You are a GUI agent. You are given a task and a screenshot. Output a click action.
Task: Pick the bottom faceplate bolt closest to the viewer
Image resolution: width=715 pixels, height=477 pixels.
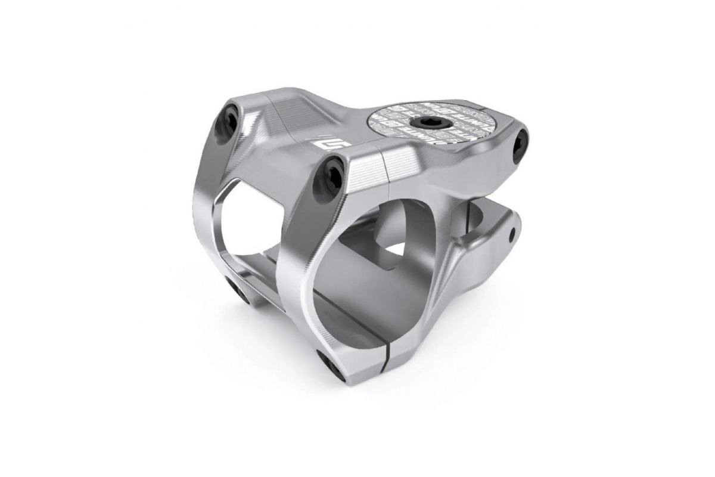click(x=330, y=365)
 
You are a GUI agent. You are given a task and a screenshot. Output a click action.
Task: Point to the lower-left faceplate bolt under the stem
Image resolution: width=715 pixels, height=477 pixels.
click(x=237, y=291)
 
